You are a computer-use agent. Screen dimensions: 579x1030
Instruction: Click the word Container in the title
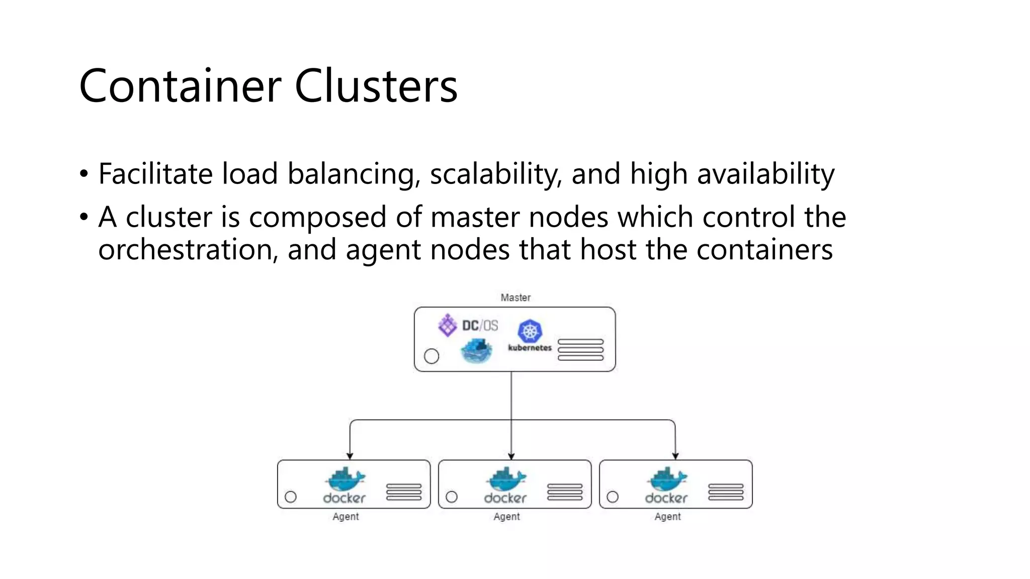pos(180,86)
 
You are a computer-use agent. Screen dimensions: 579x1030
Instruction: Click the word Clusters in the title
pos(376,86)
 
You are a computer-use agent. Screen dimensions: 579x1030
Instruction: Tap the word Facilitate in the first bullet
pos(155,174)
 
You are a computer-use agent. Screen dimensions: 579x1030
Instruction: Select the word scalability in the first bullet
pos(495,174)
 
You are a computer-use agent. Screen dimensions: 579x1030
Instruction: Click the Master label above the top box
pos(516,298)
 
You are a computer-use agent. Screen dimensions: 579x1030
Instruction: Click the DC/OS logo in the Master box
pos(468,326)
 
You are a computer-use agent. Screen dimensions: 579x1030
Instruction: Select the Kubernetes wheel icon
pos(530,331)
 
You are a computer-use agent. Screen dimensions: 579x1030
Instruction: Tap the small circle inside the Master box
pos(432,356)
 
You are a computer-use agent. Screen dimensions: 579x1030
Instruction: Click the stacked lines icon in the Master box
pos(580,350)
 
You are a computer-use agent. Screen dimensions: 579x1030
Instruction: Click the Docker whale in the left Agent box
pos(346,479)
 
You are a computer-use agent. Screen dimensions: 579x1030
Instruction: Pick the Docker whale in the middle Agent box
pos(506,479)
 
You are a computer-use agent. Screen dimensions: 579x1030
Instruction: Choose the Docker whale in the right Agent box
pos(667,479)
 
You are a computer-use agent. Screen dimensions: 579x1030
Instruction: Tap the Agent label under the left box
pos(346,517)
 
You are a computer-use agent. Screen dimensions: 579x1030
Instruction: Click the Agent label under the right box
pos(667,517)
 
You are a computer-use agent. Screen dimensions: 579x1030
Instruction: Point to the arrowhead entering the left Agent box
pos(350,456)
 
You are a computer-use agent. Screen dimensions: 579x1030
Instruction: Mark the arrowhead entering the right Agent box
pos(675,456)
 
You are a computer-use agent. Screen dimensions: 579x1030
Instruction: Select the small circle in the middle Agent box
pos(452,497)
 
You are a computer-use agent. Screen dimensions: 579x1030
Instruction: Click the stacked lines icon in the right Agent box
pos(726,492)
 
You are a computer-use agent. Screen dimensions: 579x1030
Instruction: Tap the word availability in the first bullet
pos(765,174)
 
